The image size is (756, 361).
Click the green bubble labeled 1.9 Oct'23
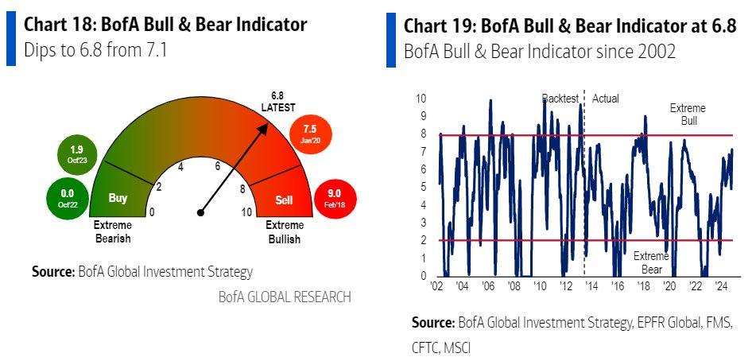(x=77, y=154)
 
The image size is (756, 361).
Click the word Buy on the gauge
(x=117, y=199)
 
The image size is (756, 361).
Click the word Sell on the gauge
(x=284, y=199)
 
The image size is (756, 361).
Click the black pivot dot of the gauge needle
(x=201, y=212)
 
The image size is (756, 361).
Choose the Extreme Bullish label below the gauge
(x=283, y=232)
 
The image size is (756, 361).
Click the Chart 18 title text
(x=165, y=25)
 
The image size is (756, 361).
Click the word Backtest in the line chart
(x=560, y=99)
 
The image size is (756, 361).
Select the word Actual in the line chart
(x=605, y=99)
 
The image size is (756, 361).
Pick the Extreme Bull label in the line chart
(x=688, y=113)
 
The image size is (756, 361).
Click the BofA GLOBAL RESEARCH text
(x=284, y=297)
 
